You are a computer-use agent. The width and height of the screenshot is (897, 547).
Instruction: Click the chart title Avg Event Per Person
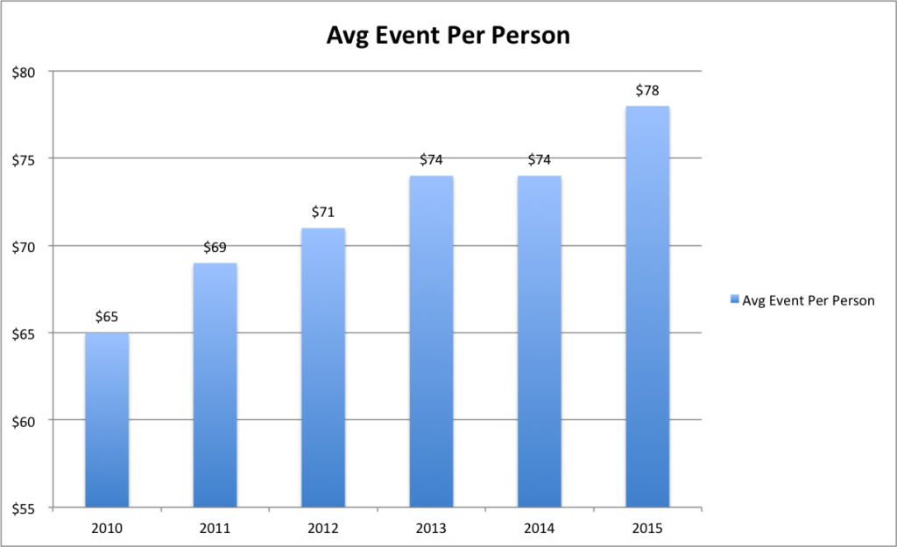point(448,36)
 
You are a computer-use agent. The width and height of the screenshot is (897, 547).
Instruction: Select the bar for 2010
point(107,420)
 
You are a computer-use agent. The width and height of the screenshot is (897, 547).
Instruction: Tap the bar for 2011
point(215,385)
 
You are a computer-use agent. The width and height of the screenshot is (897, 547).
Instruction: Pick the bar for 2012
point(323,368)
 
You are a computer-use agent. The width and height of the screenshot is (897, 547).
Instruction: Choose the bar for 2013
point(431,341)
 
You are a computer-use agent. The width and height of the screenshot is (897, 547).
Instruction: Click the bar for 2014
point(540,341)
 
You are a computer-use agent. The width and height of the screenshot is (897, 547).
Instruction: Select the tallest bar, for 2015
point(647,306)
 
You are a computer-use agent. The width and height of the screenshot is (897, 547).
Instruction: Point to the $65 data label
point(107,317)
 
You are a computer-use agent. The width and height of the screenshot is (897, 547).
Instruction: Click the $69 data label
point(215,247)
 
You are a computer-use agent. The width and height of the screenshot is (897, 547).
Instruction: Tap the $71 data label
point(323,212)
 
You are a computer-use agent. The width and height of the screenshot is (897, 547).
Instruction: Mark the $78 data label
point(647,89)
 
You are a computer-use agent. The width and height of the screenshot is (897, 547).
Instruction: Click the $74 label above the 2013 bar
point(431,159)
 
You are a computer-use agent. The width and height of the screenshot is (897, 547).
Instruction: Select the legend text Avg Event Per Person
point(808,300)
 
